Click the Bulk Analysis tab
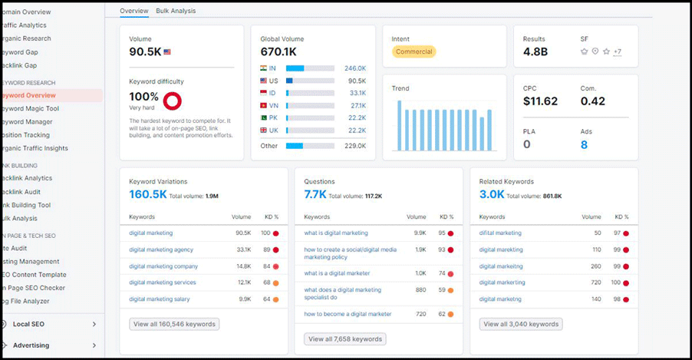(176, 11)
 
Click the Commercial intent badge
(414, 52)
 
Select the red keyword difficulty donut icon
(173, 100)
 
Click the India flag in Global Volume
(264, 68)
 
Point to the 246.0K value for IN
(354, 68)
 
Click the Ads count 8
(584, 144)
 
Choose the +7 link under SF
(618, 52)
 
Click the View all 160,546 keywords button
(174, 324)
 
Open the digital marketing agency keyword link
(161, 249)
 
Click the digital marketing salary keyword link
(159, 299)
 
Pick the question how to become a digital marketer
(348, 314)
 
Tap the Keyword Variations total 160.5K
(148, 195)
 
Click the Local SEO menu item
(28, 324)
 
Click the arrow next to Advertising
(94, 345)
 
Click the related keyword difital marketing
(500, 233)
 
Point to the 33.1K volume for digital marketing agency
(243, 249)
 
